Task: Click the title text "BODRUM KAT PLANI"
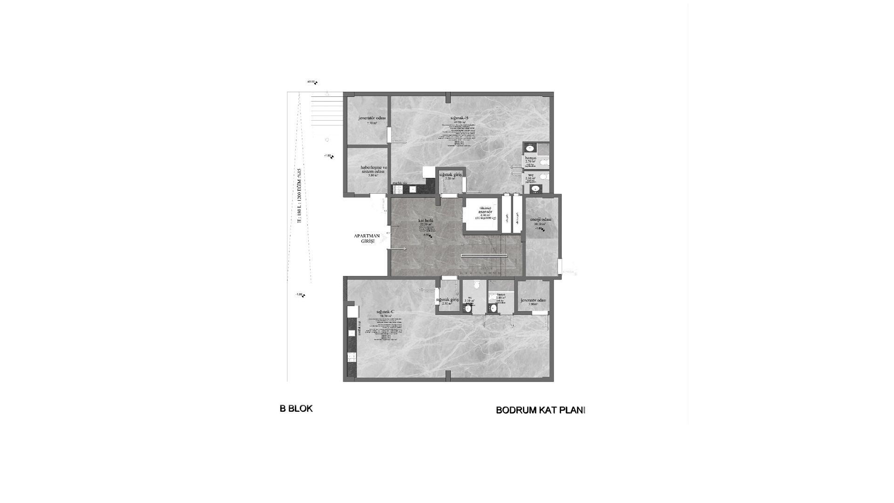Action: coord(540,410)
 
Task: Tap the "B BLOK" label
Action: coord(296,408)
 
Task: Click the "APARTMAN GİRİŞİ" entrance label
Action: coord(367,238)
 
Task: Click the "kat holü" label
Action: coord(426,220)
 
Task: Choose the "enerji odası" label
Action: coord(541,219)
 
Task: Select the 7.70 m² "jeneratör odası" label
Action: coord(372,118)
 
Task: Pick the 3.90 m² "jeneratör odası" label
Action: coord(533,300)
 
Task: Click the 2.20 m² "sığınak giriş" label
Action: coord(450,174)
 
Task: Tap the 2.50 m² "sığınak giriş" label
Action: coord(447,300)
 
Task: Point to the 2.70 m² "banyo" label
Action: coord(530,158)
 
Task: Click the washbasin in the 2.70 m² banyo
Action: coord(530,149)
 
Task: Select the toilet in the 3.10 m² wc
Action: coord(475,285)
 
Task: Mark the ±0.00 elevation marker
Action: coord(312,82)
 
